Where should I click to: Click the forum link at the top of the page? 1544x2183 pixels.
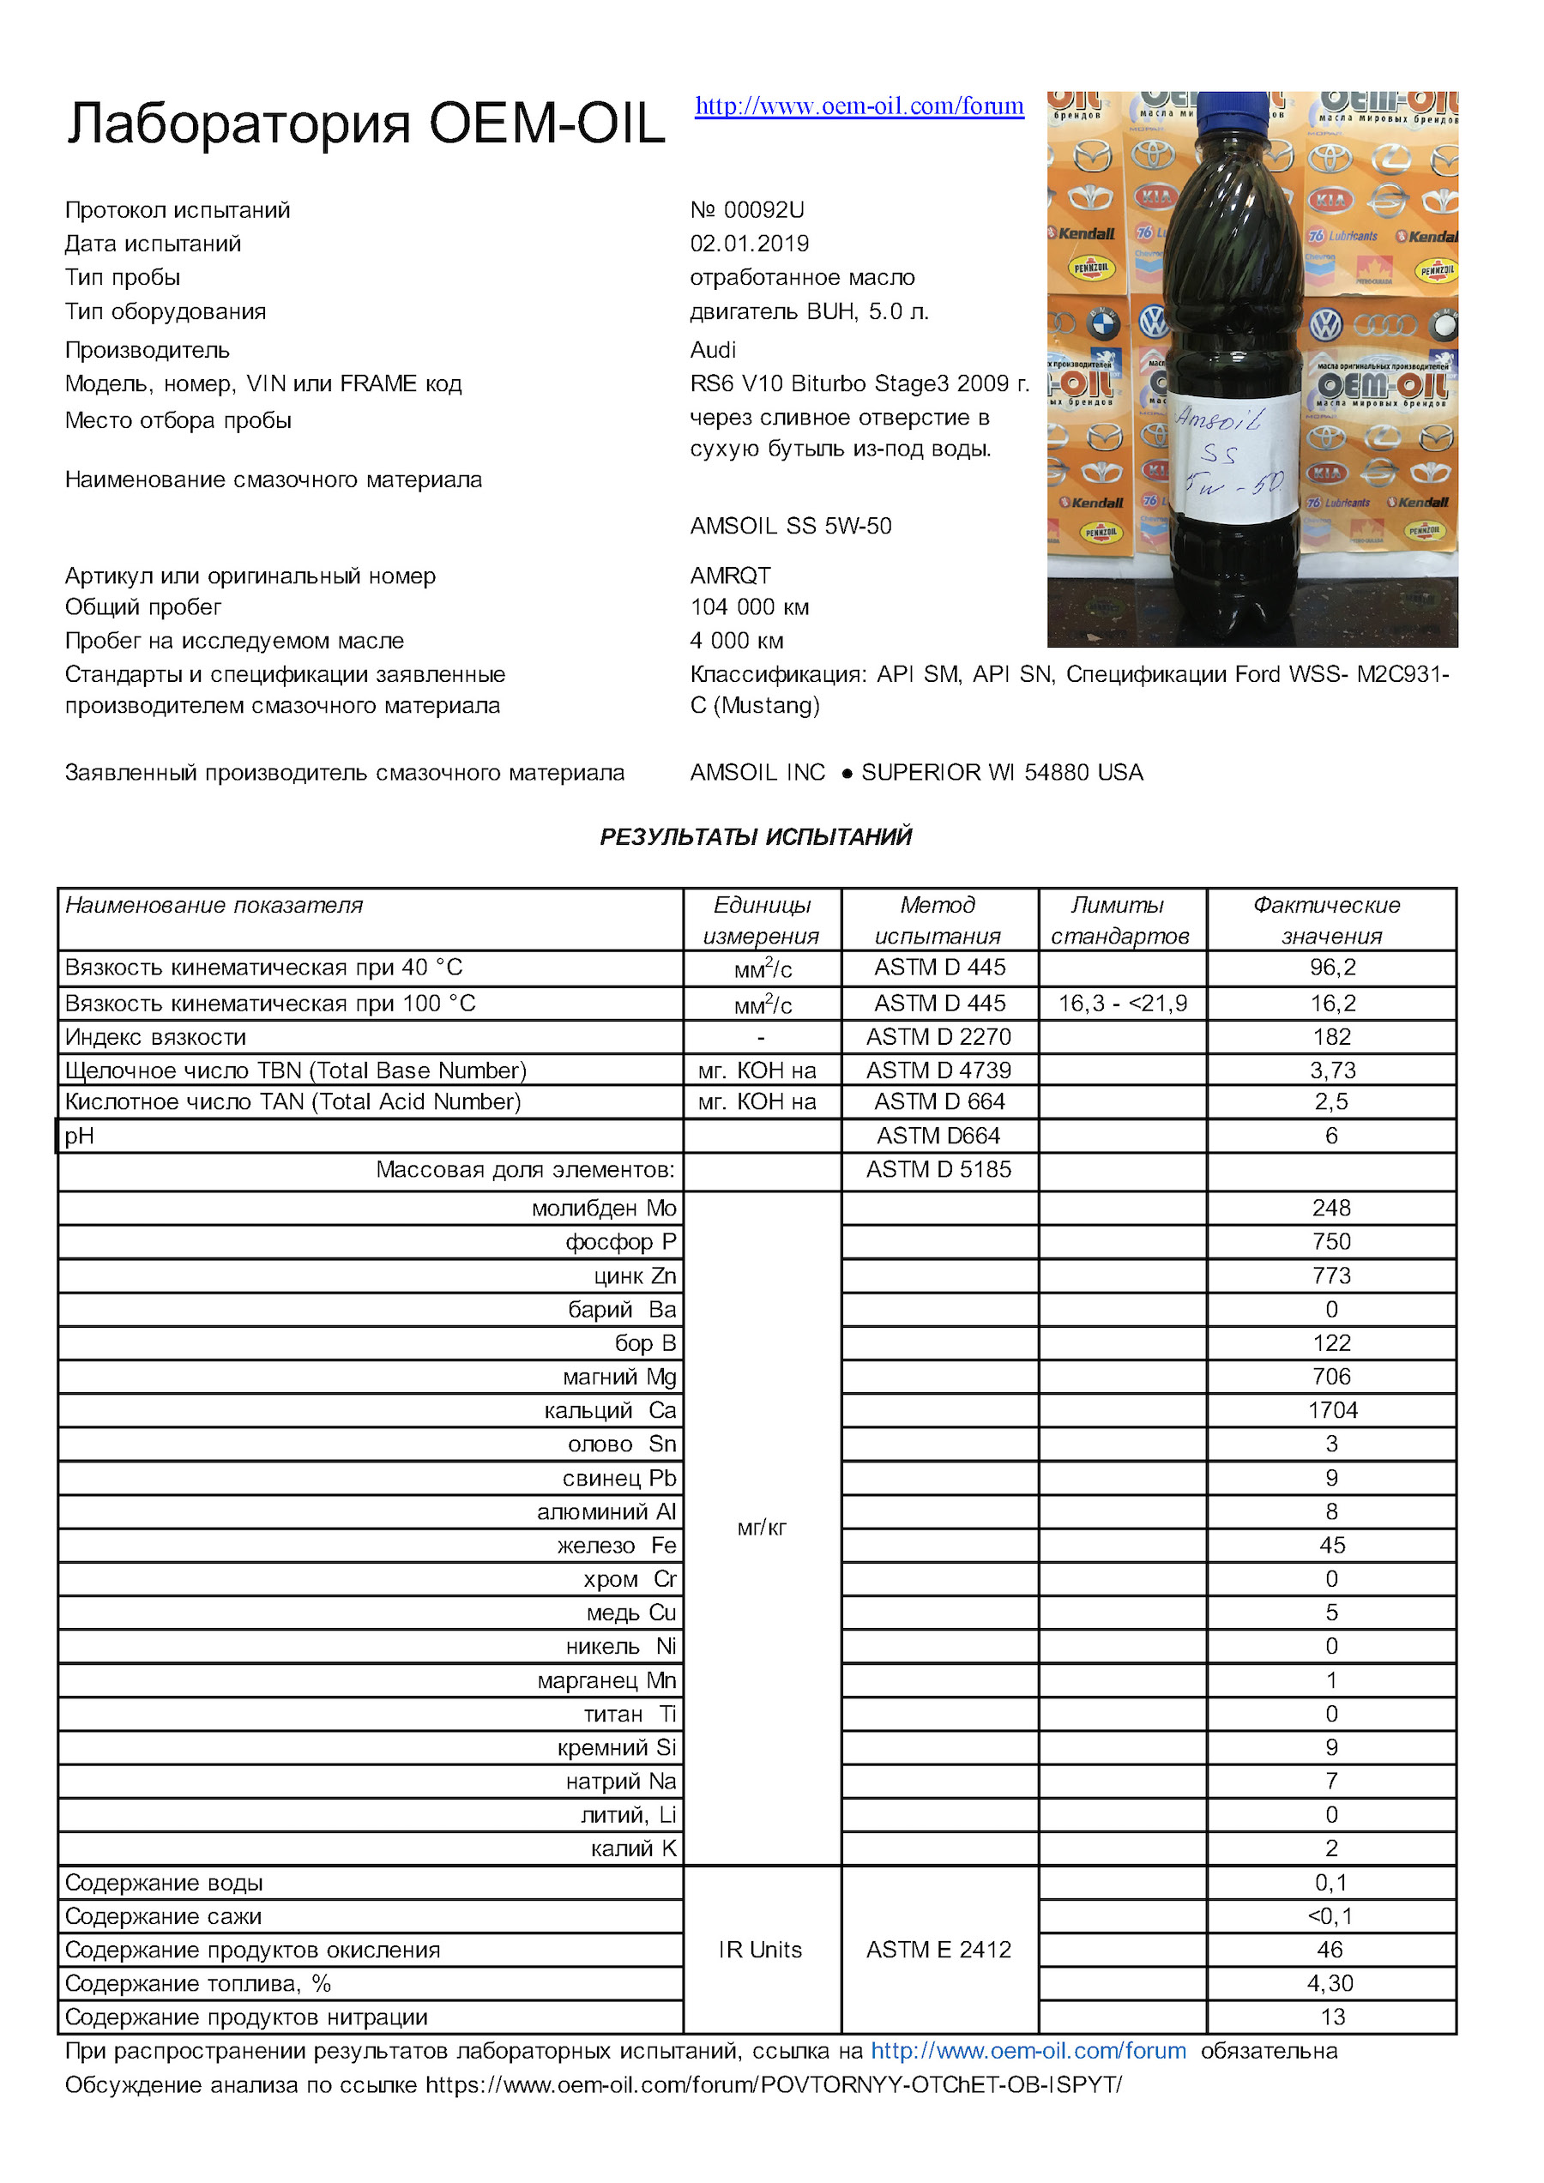point(859,106)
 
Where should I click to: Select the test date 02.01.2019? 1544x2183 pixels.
point(749,244)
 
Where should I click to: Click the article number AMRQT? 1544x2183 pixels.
point(730,576)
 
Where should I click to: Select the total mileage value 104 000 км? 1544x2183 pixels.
point(749,606)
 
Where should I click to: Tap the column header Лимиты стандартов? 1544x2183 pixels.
point(1120,920)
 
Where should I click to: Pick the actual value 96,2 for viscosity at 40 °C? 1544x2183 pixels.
point(1331,967)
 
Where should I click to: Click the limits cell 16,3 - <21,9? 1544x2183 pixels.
point(1122,1003)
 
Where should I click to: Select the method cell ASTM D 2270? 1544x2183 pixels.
point(938,1036)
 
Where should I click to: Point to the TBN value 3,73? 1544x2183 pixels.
point(1331,1070)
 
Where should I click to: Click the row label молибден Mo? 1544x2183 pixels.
point(604,1208)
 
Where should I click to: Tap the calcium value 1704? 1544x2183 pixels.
point(1331,1410)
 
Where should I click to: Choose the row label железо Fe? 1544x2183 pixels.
point(616,1545)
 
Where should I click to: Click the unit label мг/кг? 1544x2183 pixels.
point(762,1528)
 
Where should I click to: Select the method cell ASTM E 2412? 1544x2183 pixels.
point(938,1949)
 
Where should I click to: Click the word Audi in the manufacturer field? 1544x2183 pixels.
point(713,350)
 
